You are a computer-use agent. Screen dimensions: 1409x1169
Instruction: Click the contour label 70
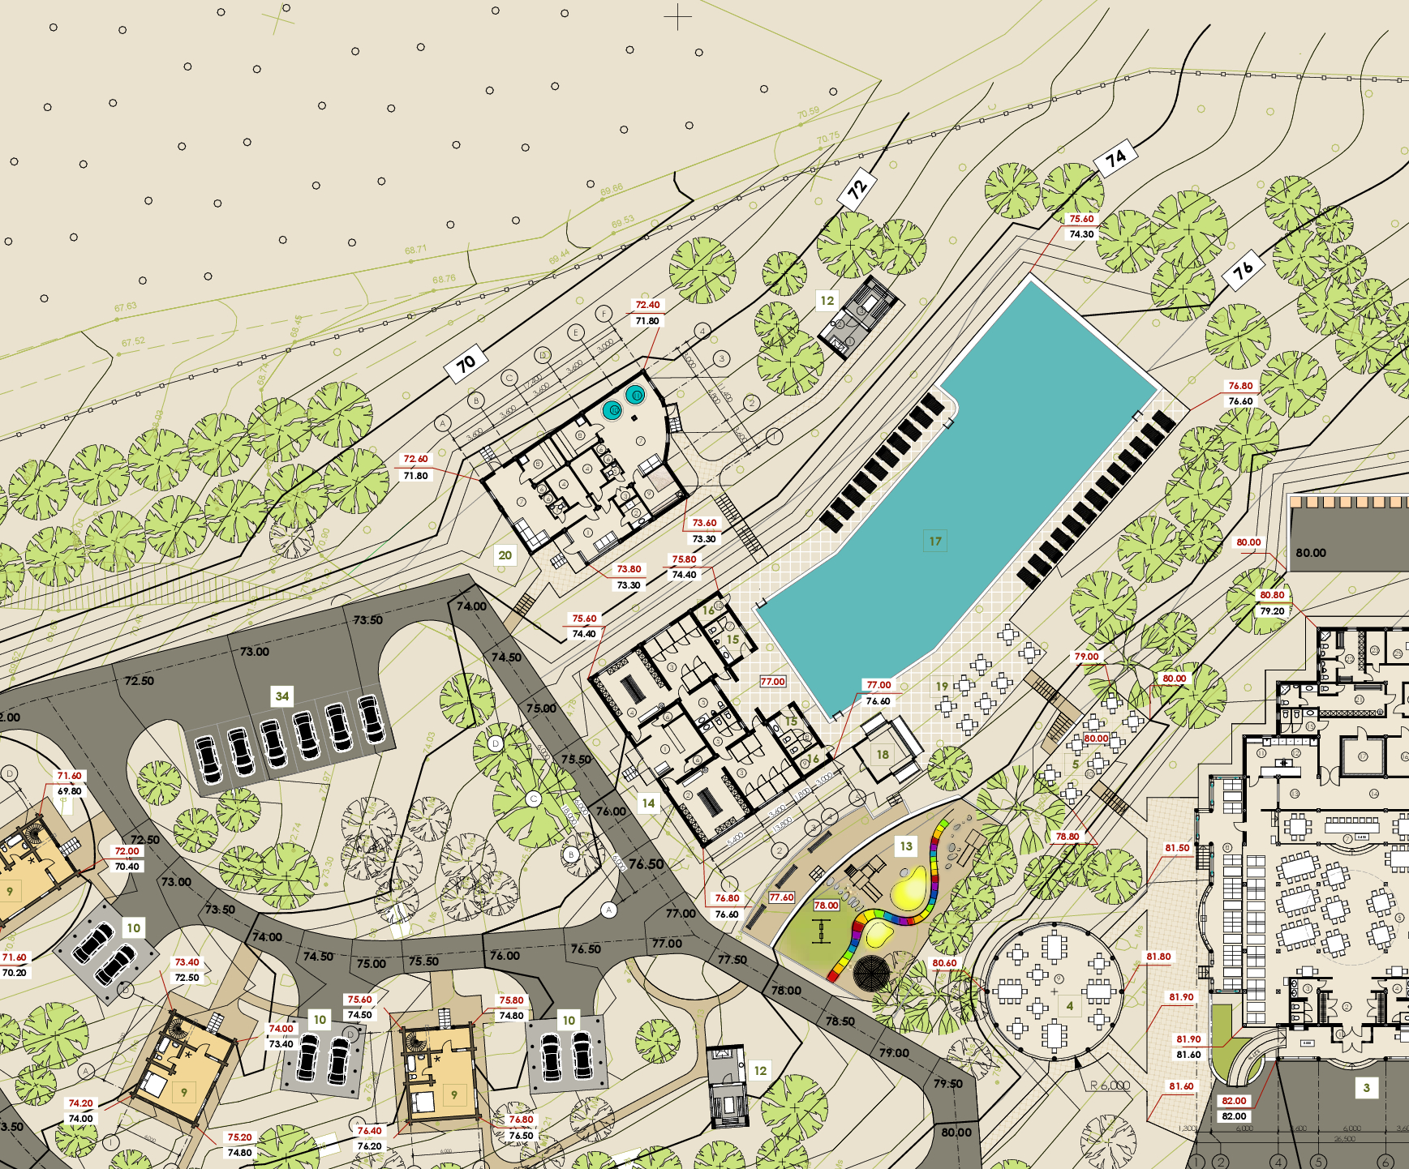coord(466,363)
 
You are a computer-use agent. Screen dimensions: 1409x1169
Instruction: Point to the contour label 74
coord(1115,156)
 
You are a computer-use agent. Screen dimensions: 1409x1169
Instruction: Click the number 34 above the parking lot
coord(281,696)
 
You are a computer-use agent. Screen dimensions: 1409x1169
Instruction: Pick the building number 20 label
coord(505,555)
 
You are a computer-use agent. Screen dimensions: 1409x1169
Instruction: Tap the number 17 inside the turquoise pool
coord(935,541)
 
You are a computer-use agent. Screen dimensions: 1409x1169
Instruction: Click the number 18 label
coord(883,755)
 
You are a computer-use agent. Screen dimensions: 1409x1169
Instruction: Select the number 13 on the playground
coord(906,846)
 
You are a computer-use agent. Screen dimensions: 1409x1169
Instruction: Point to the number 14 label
coord(648,803)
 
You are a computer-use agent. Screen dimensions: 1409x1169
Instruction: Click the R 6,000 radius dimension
coord(1110,1085)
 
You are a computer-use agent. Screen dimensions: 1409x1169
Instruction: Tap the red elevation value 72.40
coord(647,305)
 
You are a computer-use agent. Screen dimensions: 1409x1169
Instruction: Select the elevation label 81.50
coord(1177,848)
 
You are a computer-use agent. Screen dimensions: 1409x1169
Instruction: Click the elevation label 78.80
coord(1067,837)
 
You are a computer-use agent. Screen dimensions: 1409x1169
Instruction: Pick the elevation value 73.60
coord(704,523)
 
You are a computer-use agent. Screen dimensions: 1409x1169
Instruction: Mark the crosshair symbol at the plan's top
coord(677,16)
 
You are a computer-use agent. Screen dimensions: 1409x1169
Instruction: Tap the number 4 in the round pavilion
coord(1069,1006)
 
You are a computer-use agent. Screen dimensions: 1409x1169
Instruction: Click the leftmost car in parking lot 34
coord(208,757)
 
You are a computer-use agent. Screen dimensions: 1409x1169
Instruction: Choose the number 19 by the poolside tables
coord(942,686)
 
